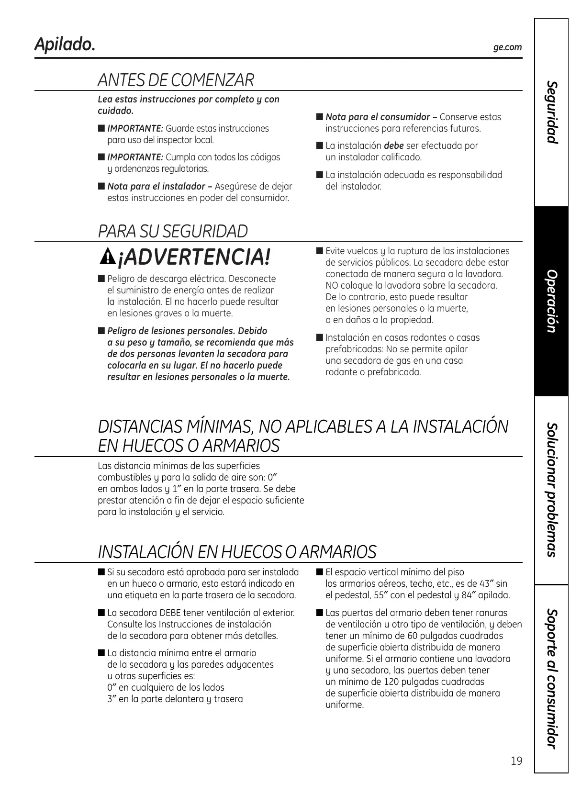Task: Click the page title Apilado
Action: tap(65, 45)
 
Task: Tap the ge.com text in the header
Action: tap(507, 47)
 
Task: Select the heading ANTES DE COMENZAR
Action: tap(176, 80)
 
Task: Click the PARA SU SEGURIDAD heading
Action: tap(173, 231)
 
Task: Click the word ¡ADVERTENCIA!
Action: tap(194, 257)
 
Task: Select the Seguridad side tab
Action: tap(552, 112)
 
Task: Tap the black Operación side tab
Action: tap(552, 301)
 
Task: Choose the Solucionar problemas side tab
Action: tap(552, 489)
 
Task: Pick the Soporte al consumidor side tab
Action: tap(552, 678)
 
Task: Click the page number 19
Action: tap(516, 761)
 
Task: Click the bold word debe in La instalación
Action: tap(394, 146)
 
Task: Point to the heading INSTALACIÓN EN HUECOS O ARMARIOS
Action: tap(237, 552)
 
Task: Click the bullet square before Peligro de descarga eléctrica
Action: tap(101, 279)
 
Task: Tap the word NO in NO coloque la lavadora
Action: tap(332, 286)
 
